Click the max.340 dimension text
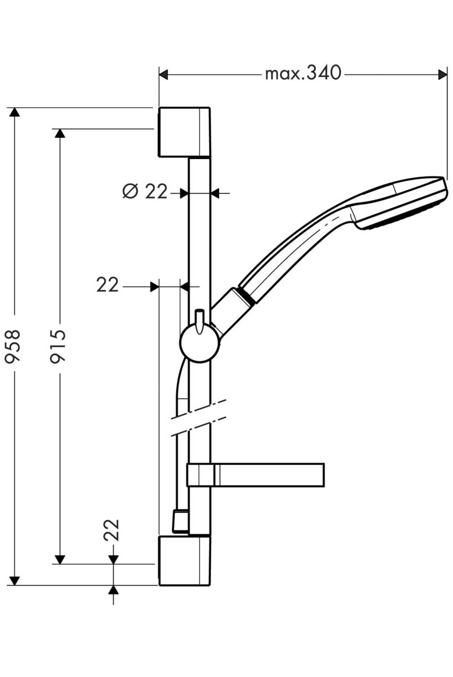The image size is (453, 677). pos(303,73)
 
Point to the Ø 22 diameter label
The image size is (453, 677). pos(145,192)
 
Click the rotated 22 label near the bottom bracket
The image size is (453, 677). pos(113,530)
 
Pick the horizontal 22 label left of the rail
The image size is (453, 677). pos(108,285)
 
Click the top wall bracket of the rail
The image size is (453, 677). pos(184,132)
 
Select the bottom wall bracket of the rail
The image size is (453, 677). pos(184,561)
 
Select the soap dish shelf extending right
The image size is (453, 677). pos(270,475)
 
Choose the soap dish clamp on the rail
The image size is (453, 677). pos(199,475)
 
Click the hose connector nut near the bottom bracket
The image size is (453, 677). pos(179,521)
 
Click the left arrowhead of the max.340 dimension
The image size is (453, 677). pos(164,74)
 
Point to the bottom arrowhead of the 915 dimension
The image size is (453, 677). pos(59,559)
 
